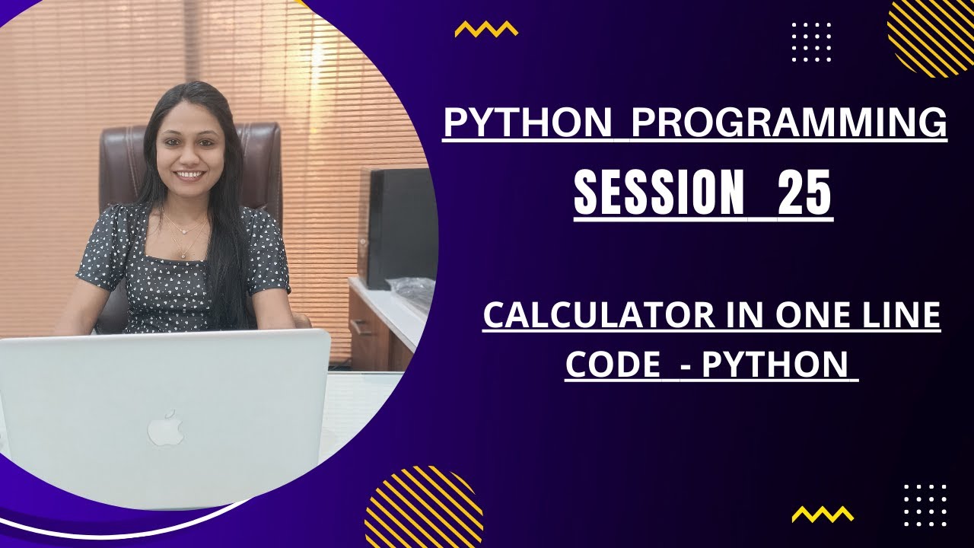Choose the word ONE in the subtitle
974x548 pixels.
[798, 316]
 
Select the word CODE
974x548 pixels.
[613, 365]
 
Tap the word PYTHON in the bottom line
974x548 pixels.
[774, 365]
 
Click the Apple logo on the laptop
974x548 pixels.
[165, 428]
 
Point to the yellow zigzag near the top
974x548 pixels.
[486, 29]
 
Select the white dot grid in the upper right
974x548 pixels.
[811, 42]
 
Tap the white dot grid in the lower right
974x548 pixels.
[925, 505]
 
